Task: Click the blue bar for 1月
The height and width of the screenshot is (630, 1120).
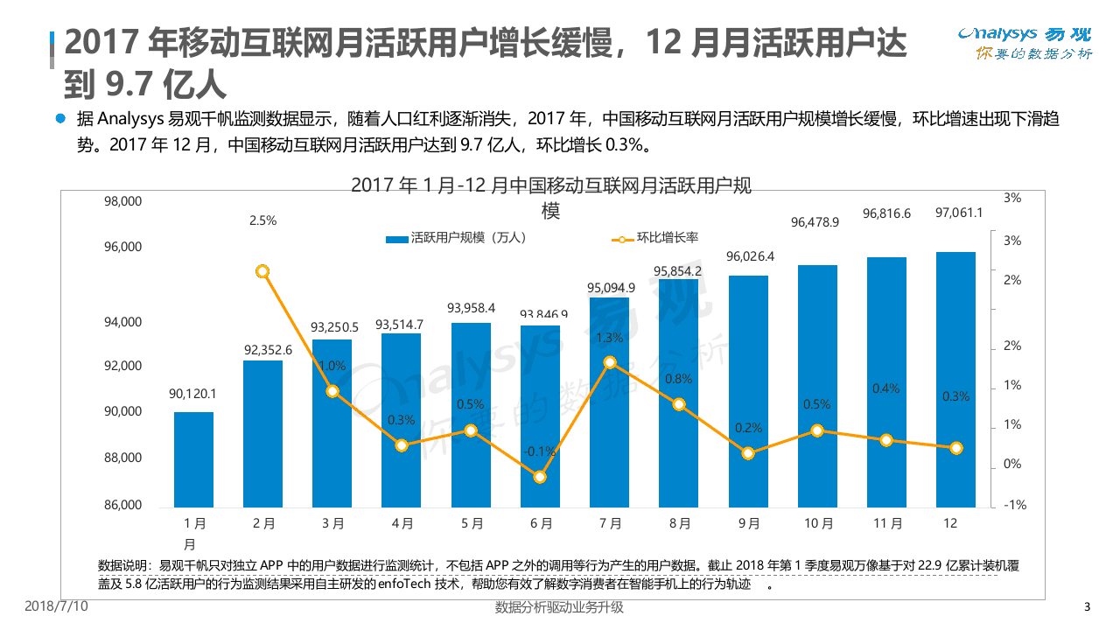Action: click(x=193, y=459)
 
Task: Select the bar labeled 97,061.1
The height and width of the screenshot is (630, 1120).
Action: click(x=955, y=380)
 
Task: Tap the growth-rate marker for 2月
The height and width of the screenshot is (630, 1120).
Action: click(x=262, y=272)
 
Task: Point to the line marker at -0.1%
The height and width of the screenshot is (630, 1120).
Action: click(x=540, y=477)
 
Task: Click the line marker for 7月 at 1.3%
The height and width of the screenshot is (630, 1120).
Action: click(x=610, y=362)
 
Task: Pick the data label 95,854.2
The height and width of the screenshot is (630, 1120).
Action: click(x=678, y=271)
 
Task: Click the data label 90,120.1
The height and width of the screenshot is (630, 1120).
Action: click(x=192, y=394)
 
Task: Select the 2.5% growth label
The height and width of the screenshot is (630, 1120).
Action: click(x=262, y=220)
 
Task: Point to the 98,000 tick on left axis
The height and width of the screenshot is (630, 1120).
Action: click(x=122, y=201)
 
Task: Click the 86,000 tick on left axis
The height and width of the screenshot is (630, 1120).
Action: click(x=122, y=505)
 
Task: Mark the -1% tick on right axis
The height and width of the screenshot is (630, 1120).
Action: click(x=1012, y=505)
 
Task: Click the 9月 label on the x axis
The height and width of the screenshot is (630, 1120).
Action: click(x=748, y=523)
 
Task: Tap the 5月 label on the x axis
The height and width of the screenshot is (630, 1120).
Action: click(x=471, y=523)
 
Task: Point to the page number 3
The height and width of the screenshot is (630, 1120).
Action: click(x=1087, y=607)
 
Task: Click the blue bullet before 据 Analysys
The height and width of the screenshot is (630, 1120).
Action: click(x=60, y=118)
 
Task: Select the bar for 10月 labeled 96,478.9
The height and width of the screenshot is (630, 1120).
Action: click(x=816, y=386)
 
